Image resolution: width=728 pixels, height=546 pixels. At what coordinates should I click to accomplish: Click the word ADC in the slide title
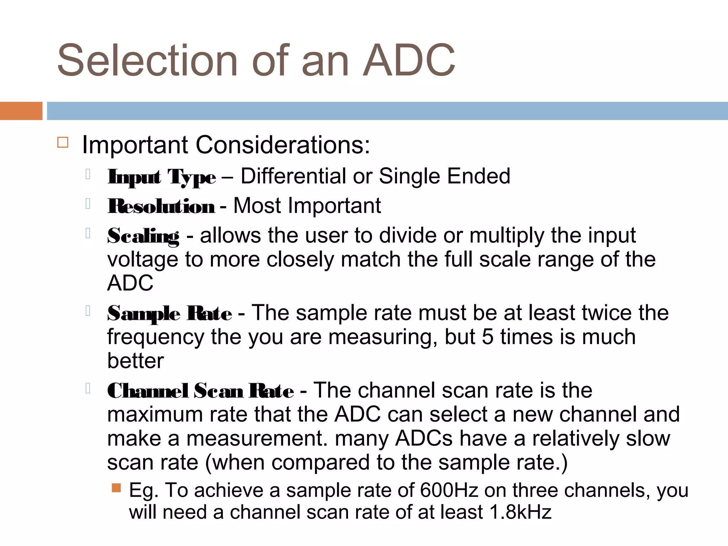coord(409,60)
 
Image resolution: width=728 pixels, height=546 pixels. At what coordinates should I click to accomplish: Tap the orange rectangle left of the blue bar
coord(21,111)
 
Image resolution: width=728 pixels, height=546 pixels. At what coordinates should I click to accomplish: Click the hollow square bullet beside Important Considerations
coord(63,143)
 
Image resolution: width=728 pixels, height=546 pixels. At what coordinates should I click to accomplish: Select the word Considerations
coord(283,145)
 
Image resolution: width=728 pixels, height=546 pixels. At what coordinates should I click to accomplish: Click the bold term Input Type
coord(162,177)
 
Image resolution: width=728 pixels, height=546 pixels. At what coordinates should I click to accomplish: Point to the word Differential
coord(294,176)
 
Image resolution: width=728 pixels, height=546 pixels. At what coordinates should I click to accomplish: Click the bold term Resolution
coord(161,207)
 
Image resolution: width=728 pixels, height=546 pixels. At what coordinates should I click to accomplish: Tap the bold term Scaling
coord(143,236)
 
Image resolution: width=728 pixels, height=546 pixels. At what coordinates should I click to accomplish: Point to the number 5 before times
coord(488,337)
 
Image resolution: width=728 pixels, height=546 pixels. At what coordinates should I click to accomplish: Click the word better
coord(135,361)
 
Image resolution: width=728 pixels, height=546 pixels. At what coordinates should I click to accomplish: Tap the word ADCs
coord(424,439)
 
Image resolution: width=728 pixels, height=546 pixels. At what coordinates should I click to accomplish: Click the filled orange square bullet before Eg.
coord(116,488)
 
